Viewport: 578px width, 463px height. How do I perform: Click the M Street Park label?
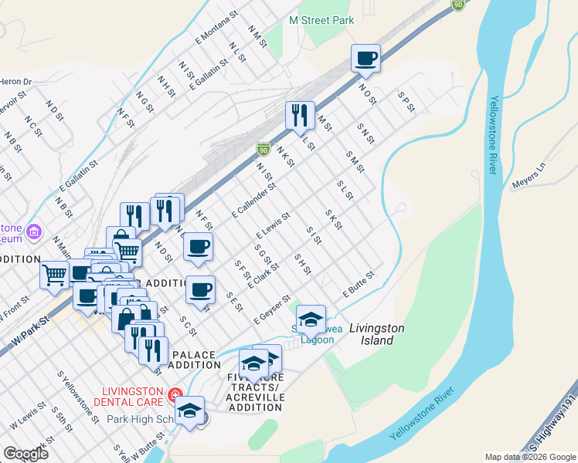(321, 20)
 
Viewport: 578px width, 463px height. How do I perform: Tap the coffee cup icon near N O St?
(365, 58)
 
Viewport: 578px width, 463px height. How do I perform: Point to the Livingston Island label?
(376, 333)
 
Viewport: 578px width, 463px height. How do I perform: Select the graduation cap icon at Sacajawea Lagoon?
(311, 318)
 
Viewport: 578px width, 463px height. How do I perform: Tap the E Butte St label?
(359, 285)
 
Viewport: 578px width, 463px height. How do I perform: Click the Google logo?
(26, 453)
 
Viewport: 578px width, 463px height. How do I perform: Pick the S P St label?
(406, 103)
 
